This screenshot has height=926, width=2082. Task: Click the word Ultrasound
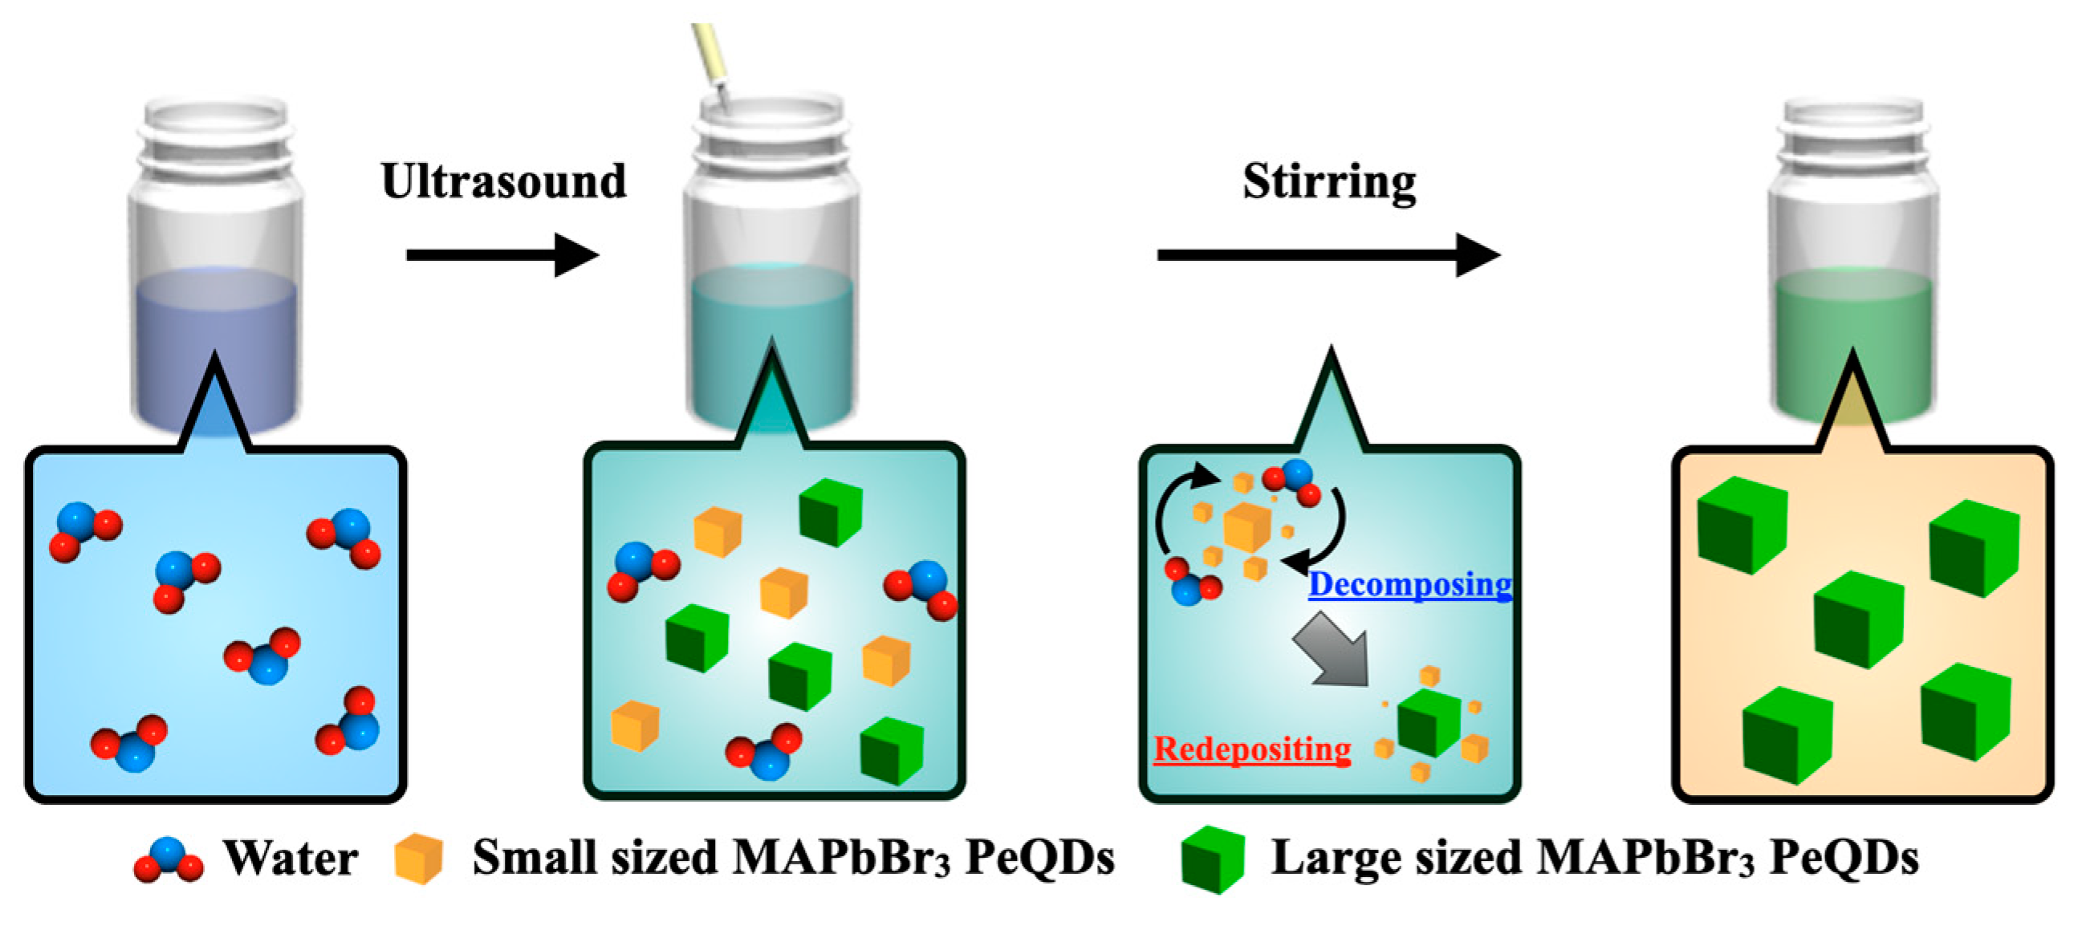[503, 181]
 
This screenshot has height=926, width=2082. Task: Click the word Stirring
[1328, 182]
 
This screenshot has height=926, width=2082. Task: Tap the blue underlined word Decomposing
[1409, 583]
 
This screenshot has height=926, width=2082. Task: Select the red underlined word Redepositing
[1252, 749]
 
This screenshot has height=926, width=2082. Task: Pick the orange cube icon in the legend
[419, 858]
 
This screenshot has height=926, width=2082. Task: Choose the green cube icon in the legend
[1211, 859]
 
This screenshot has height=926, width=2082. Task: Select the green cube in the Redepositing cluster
[1428, 721]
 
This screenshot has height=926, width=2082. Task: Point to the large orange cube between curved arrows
[1247, 526]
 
